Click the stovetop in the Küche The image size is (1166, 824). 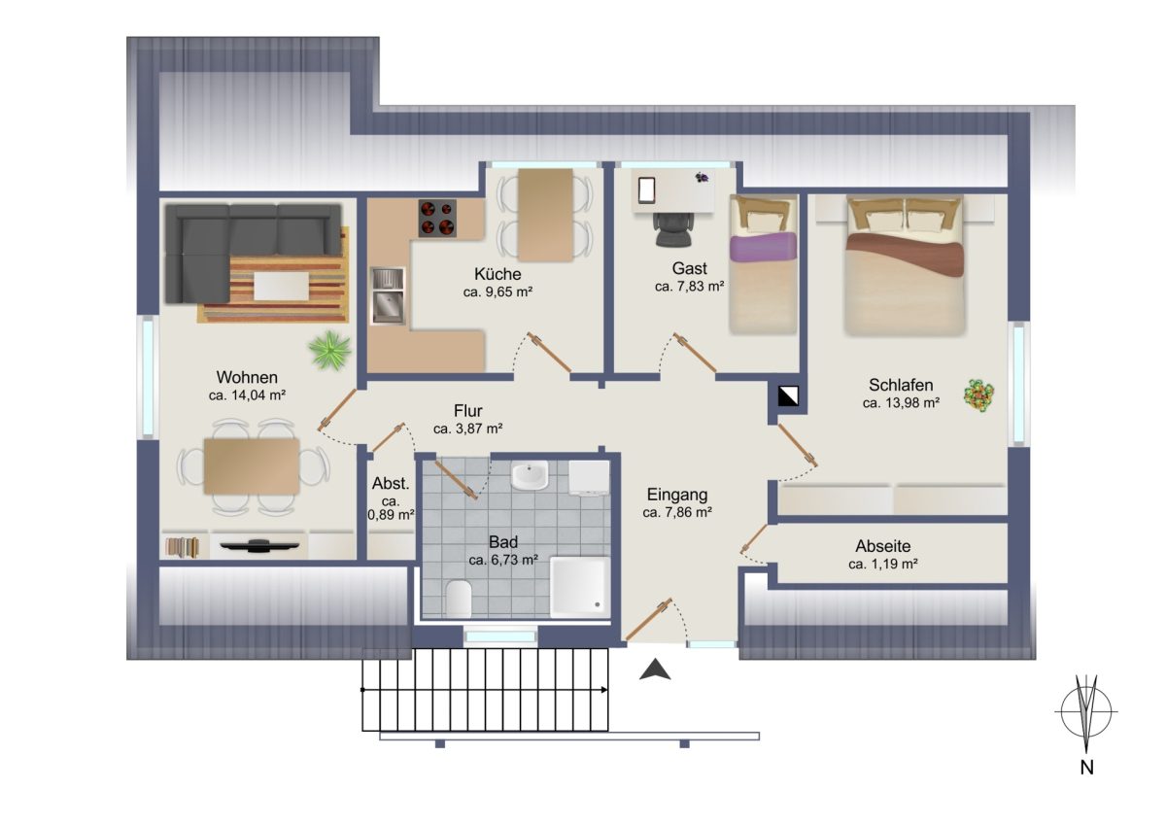click(x=437, y=218)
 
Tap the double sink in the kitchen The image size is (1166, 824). click(x=388, y=295)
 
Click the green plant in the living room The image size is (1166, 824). click(x=329, y=351)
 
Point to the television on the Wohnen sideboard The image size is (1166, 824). click(x=259, y=545)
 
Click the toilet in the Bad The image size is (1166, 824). click(x=459, y=599)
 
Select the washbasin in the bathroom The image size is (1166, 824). click(x=530, y=475)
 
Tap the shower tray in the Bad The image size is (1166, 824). click(x=580, y=587)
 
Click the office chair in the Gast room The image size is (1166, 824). click(x=673, y=229)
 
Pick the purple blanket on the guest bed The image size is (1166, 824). click(x=763, y=247)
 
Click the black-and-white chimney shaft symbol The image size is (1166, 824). click(x=788, y=395)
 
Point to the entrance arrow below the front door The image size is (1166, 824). click(x=655, y=669)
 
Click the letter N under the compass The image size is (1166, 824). click(x=1087, y=768)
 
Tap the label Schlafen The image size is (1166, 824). click(x=901, y=385)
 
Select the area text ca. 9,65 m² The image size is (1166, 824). click(x=497, y=292)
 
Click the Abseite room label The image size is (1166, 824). click(x=883, y=546)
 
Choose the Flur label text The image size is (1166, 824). click(x=468, y=411)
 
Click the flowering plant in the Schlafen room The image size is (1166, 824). click(x=978, y=395)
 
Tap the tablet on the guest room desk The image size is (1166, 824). click(x=646, y=190)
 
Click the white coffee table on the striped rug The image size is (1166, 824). click(x=281, y=287)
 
